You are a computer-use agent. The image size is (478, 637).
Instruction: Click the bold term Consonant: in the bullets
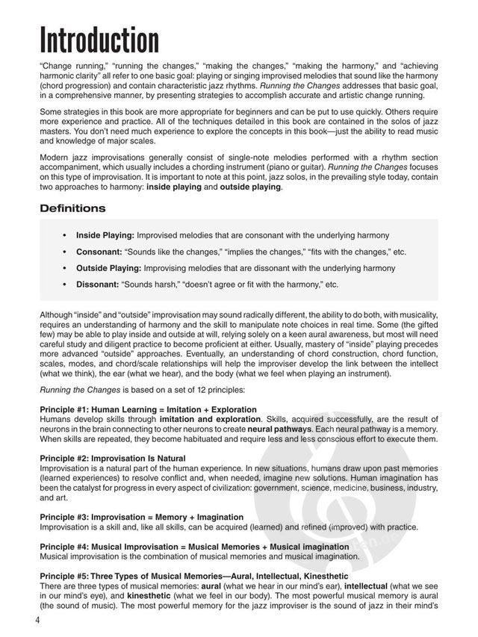(x=101, y=252)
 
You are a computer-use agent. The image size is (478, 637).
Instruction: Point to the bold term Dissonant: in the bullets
(x=100, y=285)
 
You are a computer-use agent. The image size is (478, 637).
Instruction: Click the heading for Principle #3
(x=141, y=516)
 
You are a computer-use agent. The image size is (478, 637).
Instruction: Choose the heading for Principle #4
(x=194, y=546)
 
